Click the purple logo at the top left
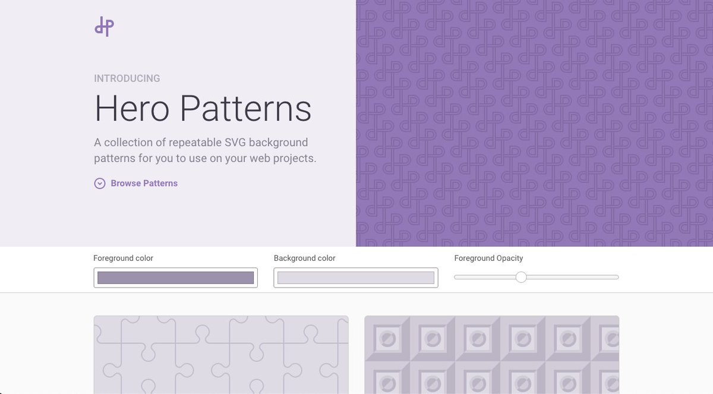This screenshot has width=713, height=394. point(104,27)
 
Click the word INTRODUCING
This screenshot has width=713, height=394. point(127,78)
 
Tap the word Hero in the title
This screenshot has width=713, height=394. point(132,109)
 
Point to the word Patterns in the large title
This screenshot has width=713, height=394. point(245,109)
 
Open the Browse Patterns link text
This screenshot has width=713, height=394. point(144,184)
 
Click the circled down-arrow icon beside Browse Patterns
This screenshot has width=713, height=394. point(100,184)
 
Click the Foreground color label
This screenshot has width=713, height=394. point(124,259)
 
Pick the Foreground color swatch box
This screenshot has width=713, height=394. point(176,278)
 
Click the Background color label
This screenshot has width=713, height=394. point(305,259)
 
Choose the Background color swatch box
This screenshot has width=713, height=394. point(356,278)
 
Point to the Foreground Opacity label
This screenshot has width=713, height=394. point(489,259)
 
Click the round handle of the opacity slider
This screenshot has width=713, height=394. point(521,277)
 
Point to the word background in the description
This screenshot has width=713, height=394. point(279,143)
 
